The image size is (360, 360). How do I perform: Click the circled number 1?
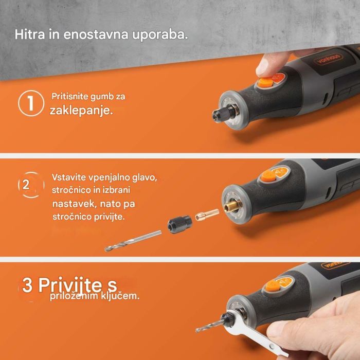point(30,103)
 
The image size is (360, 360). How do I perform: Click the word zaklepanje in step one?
point(81,111)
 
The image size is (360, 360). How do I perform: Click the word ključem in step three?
point(123,297)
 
